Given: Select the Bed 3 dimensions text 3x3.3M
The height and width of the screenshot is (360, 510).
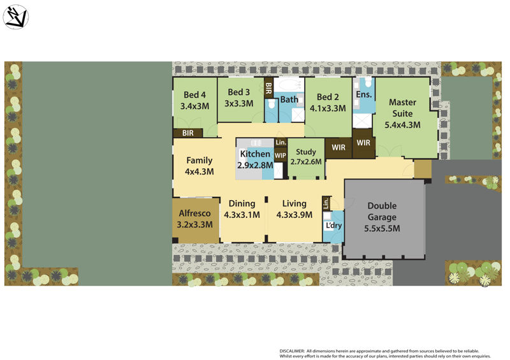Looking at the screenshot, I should [x=239, y=103].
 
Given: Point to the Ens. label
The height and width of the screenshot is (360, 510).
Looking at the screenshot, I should [x=363, y=94].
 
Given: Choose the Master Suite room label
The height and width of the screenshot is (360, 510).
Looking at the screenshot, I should [x=402, y=102].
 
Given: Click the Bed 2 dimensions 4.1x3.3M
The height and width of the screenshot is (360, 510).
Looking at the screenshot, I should [x=328, y=108].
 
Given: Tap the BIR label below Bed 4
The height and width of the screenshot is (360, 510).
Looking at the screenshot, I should [x=188, y=133].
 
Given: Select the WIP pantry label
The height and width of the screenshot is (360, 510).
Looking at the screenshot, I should [x=280, y=155].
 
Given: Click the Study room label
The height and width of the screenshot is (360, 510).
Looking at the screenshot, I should [x=306, y=152].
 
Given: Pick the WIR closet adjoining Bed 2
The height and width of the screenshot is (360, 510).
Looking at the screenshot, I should [x=338, y=148].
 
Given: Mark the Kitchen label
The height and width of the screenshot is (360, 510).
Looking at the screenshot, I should [x=256, y=154].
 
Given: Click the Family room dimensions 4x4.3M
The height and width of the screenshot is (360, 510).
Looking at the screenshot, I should [x=199, y=171].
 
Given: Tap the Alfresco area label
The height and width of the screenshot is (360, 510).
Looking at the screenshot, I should [x=194, y=213].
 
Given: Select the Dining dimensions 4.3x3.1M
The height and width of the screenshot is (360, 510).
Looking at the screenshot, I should [x=242, y=215].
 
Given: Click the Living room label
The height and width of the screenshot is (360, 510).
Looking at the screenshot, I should [x=294, y=204].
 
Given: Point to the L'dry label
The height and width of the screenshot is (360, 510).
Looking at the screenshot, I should [x=333, y=226].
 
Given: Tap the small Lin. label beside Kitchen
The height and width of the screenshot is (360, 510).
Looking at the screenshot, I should [x=280, y=141].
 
